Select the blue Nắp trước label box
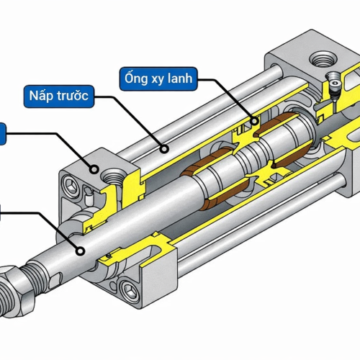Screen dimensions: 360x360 (x=58, y=95)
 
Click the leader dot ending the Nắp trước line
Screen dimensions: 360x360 (x=165, y=149)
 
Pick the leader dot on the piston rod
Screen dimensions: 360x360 (x=81, y=250)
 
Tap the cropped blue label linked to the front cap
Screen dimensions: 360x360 (x=3, y=132)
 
